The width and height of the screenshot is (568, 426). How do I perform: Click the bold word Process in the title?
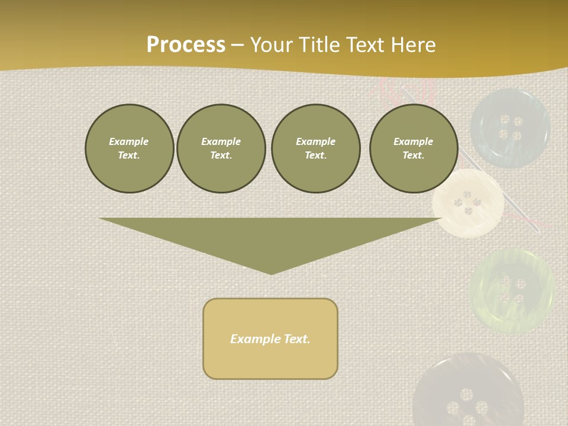186,45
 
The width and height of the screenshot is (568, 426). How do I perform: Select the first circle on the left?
129,149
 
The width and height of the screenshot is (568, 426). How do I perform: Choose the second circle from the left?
221,149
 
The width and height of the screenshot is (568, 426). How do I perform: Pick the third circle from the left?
315,149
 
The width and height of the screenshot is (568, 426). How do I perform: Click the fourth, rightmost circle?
413,149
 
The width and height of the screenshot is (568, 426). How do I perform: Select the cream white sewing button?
468,202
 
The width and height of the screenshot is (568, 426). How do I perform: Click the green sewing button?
512,291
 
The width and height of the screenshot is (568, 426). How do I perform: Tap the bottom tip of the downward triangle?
271,273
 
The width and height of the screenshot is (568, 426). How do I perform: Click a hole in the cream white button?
467,194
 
